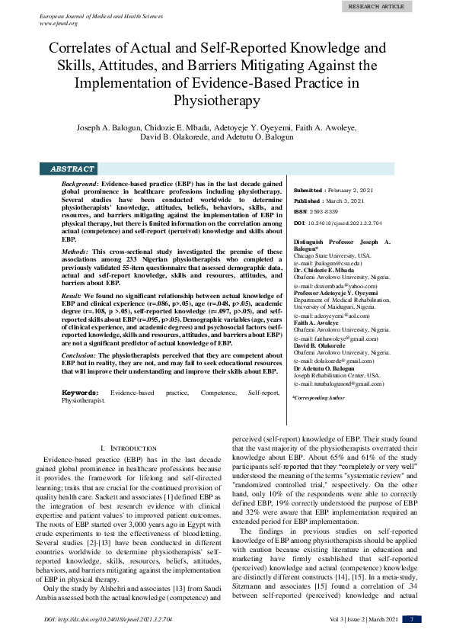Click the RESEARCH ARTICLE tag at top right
click(397, 6)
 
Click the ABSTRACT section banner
click(72, 169)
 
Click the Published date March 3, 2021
click(342, 201)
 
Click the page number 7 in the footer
click(411, 618)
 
